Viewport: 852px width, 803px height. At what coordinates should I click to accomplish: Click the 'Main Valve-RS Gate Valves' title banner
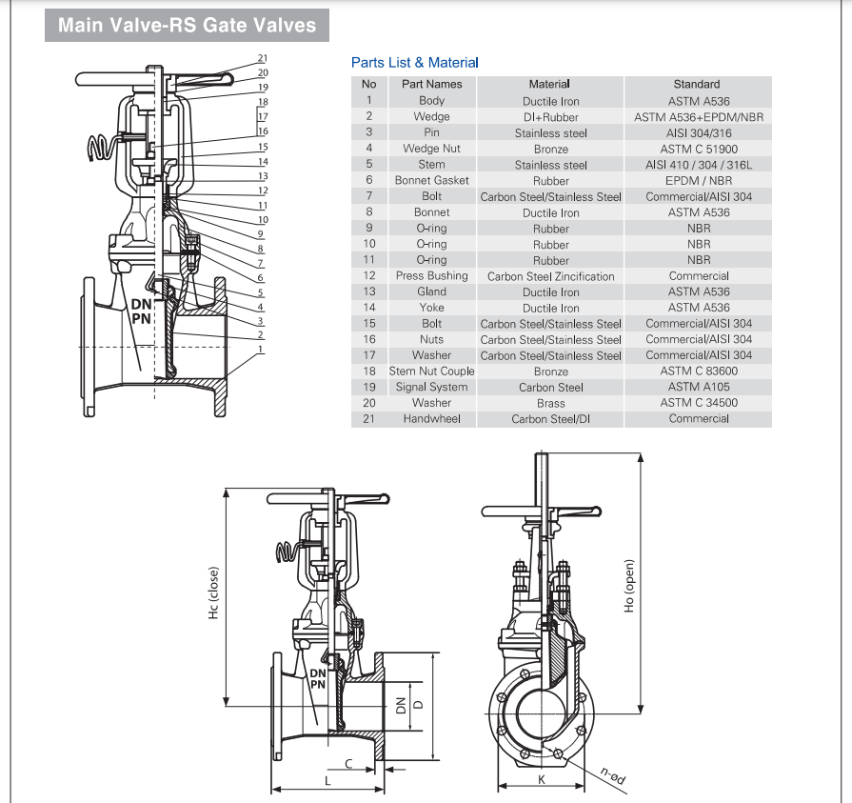187,25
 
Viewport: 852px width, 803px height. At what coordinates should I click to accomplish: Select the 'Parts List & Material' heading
415,63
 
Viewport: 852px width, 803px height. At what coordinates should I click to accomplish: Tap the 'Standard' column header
697,84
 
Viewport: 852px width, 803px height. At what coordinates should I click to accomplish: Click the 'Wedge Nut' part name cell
431,149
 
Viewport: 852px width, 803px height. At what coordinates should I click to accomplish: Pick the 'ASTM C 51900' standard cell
699,149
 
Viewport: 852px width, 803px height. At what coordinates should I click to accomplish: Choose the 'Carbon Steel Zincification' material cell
550,276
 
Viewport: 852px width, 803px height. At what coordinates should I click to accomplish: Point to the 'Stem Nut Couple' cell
431,371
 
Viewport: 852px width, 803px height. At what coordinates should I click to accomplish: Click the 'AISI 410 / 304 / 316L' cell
699,165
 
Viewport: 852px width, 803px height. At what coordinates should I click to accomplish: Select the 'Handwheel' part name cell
431,418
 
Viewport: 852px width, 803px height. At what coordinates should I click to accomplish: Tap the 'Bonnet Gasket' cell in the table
431,180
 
